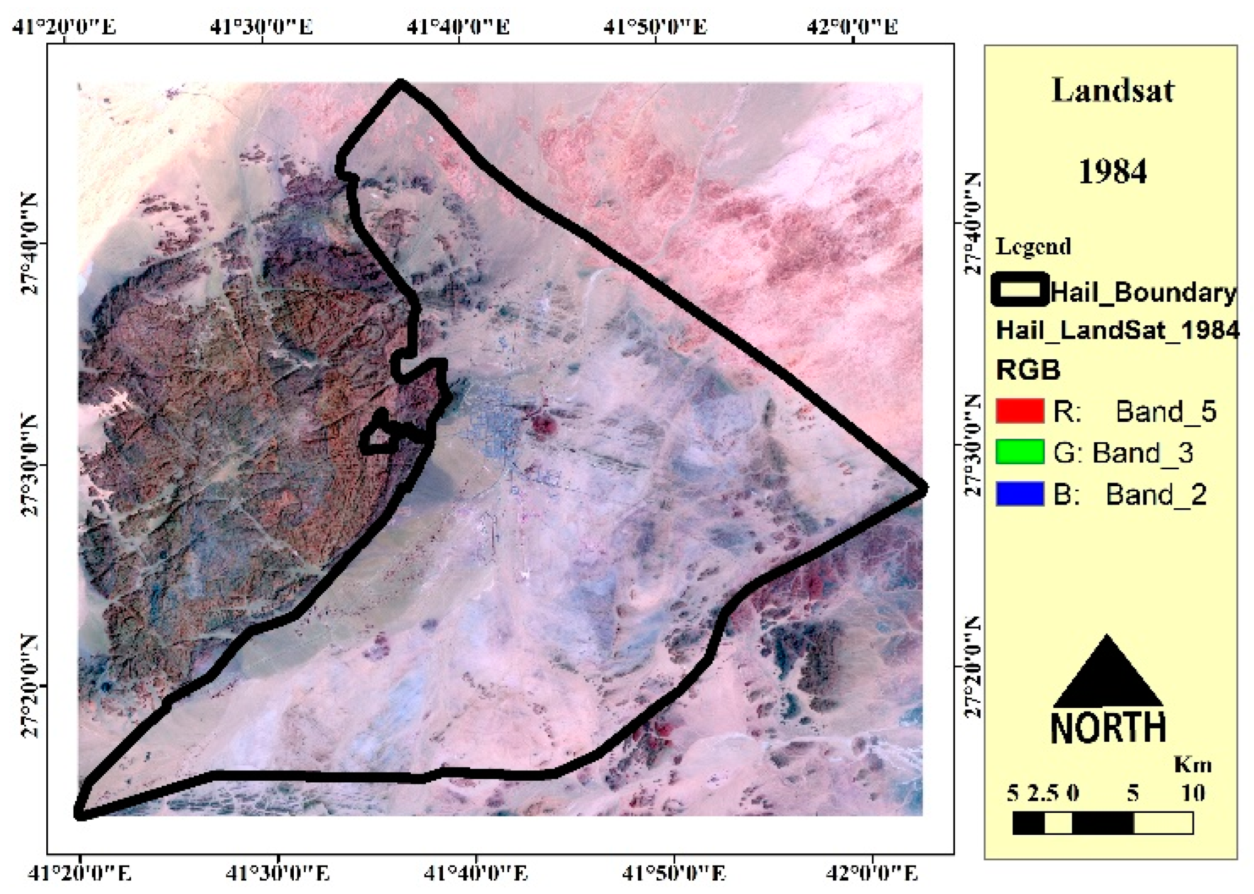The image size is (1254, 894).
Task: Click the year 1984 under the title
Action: (1112, 171)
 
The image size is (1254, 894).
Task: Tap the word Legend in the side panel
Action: (1033, 246)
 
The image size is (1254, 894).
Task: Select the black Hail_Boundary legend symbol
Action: (1020, 290)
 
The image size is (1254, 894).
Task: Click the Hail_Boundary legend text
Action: (1143, 292)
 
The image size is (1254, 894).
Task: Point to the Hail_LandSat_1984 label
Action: (1118, 330)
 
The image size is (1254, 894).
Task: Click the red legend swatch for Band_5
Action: (1020, 411)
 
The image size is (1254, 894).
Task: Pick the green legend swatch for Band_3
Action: (1020, 452)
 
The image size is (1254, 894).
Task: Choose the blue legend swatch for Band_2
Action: (1020, 493)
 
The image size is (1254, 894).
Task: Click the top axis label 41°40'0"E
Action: (458, 26)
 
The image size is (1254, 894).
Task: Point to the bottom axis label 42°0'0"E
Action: (872, 873)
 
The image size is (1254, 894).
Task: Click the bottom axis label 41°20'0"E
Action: (80, 873)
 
